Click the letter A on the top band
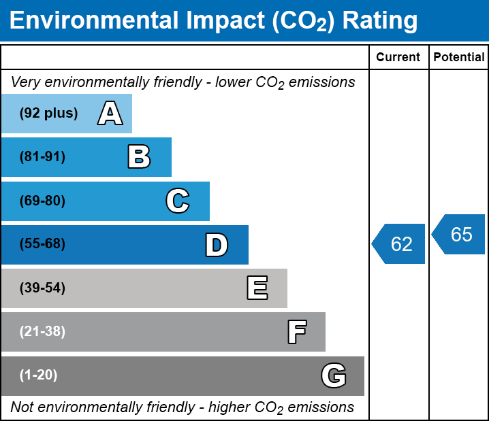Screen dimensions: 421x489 pos(110,114)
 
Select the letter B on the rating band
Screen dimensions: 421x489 pos(139,157)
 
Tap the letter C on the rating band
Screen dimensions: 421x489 pos(178,201)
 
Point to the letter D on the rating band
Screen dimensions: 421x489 pos(217,245)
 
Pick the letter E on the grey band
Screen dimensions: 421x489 pos(257,288)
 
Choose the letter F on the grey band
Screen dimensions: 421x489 pos(296,332)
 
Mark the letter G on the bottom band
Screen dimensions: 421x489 pos(334,375)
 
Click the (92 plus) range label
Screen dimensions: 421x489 pos(48,114)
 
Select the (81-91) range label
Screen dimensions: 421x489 pos(42,157)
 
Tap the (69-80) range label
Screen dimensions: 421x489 pos(42,201)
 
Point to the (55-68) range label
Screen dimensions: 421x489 pos(42,244)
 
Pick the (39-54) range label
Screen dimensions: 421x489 pos(42,288)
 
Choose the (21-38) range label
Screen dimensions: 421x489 pos(42,332)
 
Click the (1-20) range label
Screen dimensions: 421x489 pos(39,375)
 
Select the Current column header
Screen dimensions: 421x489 pos(398,58)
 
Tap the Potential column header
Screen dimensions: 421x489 pos(459,58)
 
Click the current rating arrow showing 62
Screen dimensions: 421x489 pos(400,243)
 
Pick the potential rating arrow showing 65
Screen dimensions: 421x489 pos(460,235)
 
